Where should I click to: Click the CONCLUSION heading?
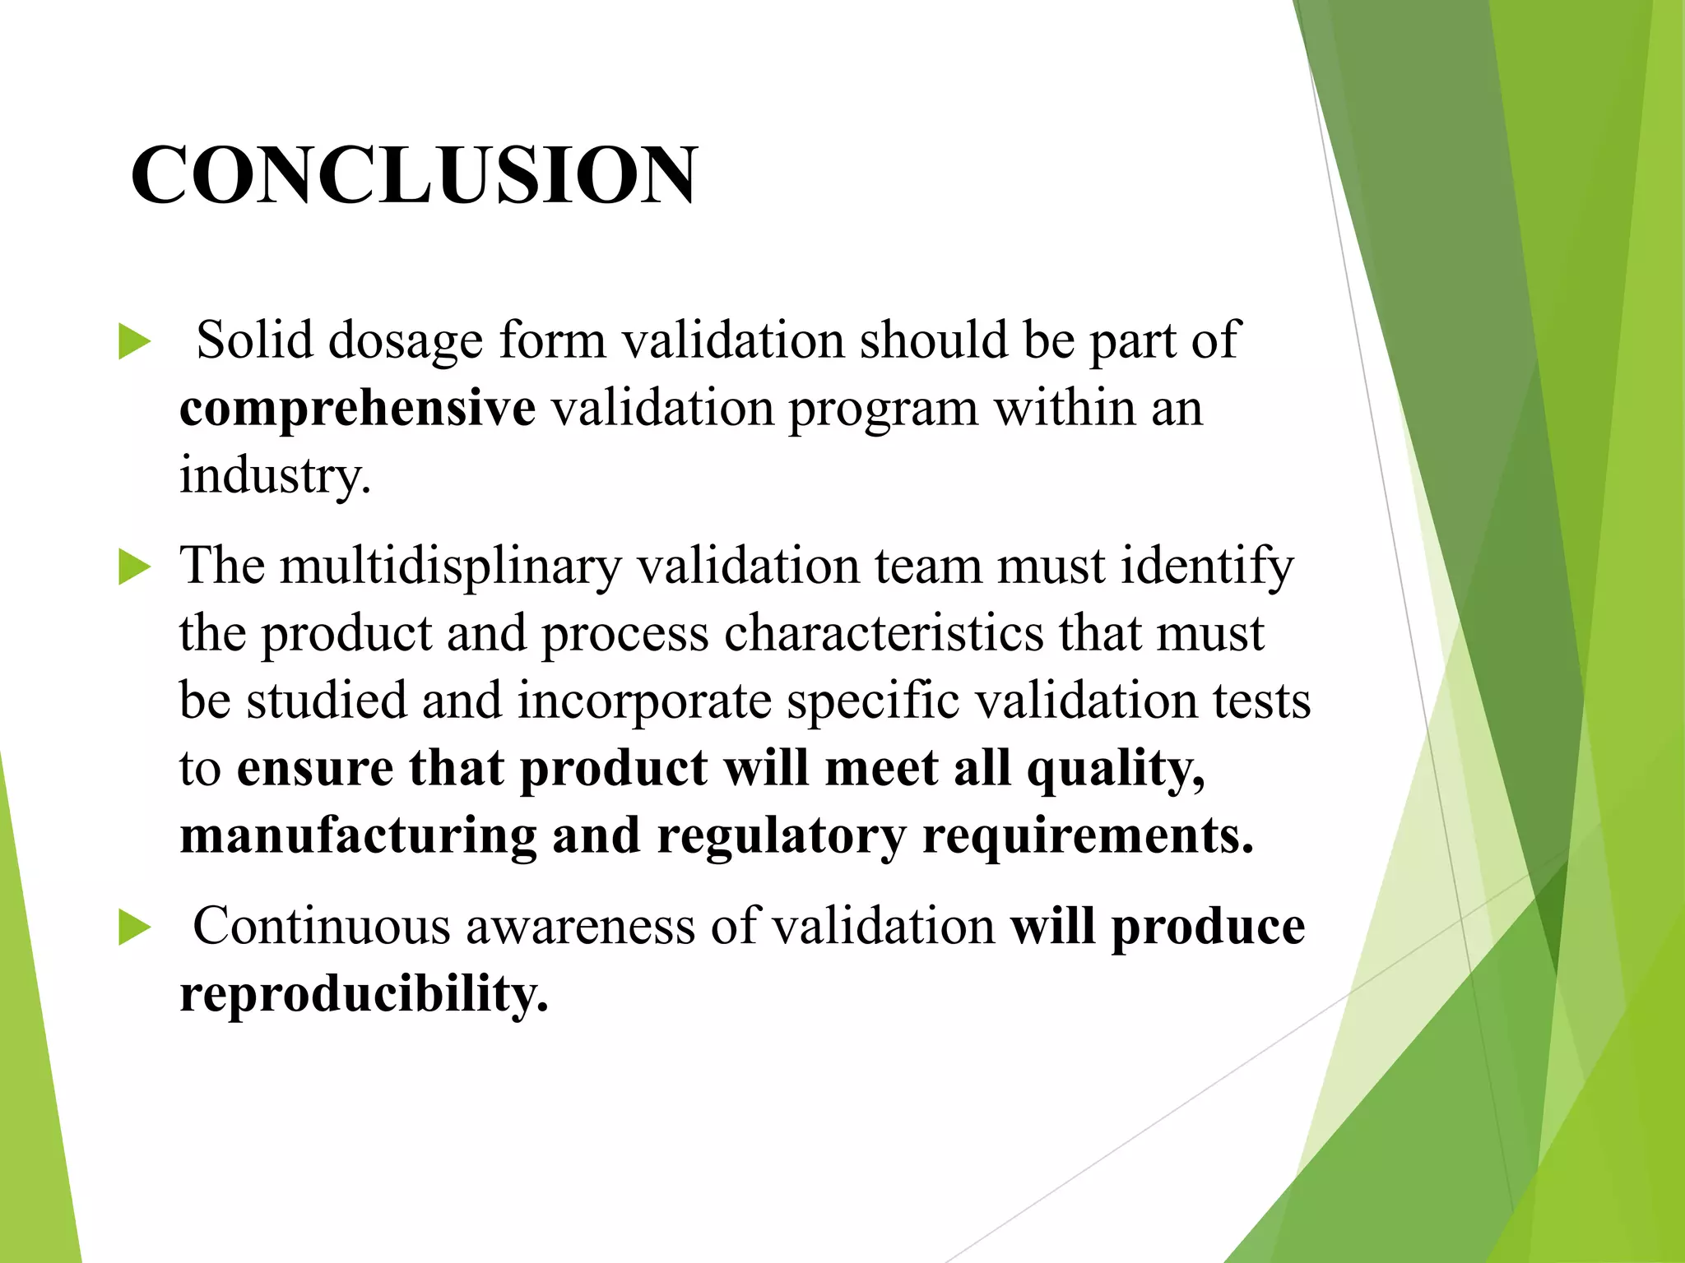pos(414,174)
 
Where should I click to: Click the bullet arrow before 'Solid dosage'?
pos(134,342)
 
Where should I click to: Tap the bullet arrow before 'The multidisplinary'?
pos(134,568)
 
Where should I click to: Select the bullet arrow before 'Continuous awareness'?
pos(134,928)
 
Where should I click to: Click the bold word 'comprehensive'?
pos(357,408)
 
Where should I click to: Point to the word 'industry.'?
pos(275,475)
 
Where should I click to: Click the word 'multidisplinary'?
pos(450,567)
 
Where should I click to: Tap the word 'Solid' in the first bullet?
pos(254,340)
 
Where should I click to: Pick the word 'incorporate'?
pos(644,701)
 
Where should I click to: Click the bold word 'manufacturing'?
pos(357,836)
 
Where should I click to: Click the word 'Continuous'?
pos(322,926)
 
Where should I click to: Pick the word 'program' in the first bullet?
pos(884,409)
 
